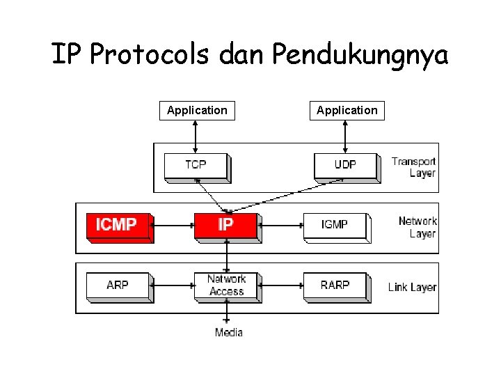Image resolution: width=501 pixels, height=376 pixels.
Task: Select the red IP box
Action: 225,226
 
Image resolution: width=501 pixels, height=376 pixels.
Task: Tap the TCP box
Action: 196,166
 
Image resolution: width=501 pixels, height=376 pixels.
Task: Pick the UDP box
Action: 345,166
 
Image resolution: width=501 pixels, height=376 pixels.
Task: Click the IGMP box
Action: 335,226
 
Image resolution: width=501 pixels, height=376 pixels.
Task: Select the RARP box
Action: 335,285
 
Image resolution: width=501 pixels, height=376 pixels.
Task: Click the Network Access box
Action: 226,285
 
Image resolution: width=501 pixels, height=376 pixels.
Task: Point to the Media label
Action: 229,332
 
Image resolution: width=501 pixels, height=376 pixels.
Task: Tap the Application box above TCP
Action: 197,110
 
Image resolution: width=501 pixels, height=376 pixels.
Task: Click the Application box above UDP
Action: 347,110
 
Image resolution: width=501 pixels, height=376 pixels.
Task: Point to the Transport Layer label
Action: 414,167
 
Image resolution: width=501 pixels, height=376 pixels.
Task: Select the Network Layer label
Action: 417,227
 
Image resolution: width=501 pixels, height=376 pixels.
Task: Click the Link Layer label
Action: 413,287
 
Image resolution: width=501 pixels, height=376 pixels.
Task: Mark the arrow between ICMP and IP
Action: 173,225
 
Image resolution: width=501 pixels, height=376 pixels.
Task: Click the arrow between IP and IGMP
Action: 281,225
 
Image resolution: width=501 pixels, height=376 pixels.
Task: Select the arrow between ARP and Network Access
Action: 173,285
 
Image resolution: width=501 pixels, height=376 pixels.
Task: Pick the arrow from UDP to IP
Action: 285,196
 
